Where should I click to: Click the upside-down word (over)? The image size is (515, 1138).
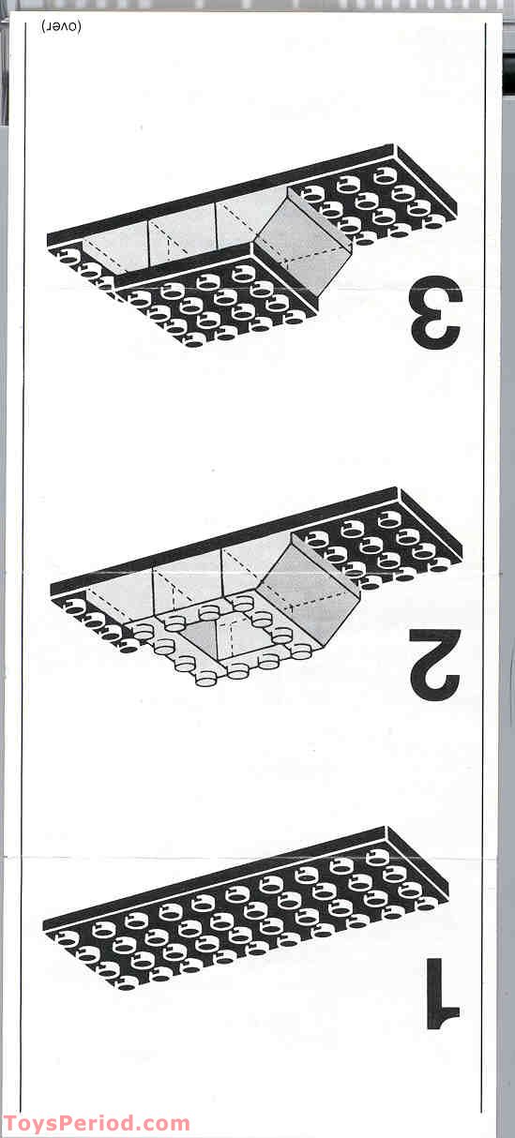62,25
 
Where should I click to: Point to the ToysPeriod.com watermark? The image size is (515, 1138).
96,1123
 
